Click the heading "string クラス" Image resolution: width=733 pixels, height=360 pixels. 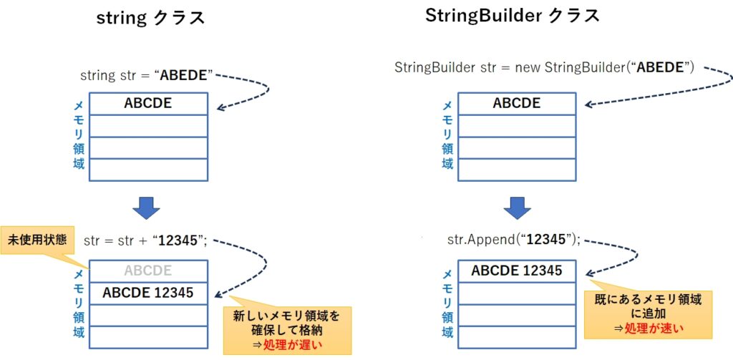(x=150, y=18)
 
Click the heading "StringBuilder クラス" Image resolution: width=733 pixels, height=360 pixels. (x=513, y=16)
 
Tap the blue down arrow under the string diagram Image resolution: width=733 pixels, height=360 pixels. (x=146, y=207)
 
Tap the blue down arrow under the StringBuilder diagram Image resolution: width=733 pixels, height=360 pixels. (x=517, y=207)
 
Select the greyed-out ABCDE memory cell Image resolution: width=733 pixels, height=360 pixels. (x=148, y=271)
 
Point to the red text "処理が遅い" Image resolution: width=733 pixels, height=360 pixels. (x=293, y=345)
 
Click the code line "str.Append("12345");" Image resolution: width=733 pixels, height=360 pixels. (x=514, y=240)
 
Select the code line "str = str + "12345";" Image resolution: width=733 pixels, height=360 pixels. (x=145, y=240)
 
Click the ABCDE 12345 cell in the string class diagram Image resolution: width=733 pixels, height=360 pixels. (x=148, y=293)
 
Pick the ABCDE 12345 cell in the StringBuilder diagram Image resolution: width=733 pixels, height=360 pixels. (x=517, y=271)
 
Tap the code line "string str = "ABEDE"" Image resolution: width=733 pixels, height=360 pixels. (x=147, y=75)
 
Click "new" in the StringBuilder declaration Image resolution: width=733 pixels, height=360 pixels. (x=528, y=67)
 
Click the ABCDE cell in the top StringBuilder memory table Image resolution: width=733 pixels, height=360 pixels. (x=517, y=103)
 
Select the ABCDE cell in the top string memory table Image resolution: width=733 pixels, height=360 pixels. (x=148, y=103)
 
